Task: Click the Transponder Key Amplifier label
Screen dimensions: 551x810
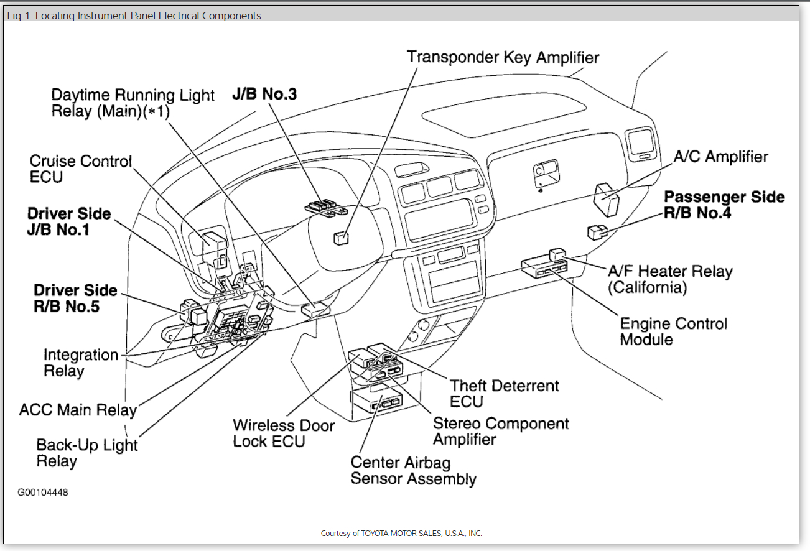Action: pos(503,58)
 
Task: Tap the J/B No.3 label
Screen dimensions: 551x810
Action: pos(264,95)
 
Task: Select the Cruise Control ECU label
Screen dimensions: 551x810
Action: pos(81,169)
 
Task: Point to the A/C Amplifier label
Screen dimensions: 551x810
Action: pos(720,157)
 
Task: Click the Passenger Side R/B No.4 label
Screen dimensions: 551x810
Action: pos(724,205)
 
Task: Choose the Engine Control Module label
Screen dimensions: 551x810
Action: pos(673,331)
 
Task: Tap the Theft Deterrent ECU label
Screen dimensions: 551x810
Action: pos(505,394)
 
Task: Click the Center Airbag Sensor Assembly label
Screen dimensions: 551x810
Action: pos(413,471)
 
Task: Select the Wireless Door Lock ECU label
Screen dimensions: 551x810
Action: pos(283,433)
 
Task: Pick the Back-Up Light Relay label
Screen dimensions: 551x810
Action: pos(87,453)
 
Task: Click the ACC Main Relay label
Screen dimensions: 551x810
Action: pos(78,410)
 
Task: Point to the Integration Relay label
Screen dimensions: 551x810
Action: pos(80,363)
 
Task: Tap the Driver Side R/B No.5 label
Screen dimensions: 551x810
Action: pos(75,299)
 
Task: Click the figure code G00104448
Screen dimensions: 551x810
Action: pos(43,493)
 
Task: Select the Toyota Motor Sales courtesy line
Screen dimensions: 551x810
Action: pos(401,534)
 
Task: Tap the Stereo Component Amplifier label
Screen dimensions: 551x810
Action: pos(501,432)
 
